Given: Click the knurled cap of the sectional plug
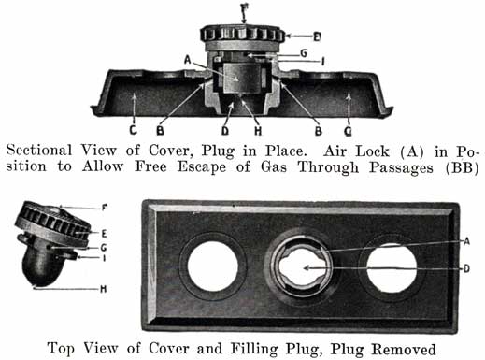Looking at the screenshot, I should (x=242, y=34).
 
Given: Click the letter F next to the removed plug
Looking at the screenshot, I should (x=105, y=208).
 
